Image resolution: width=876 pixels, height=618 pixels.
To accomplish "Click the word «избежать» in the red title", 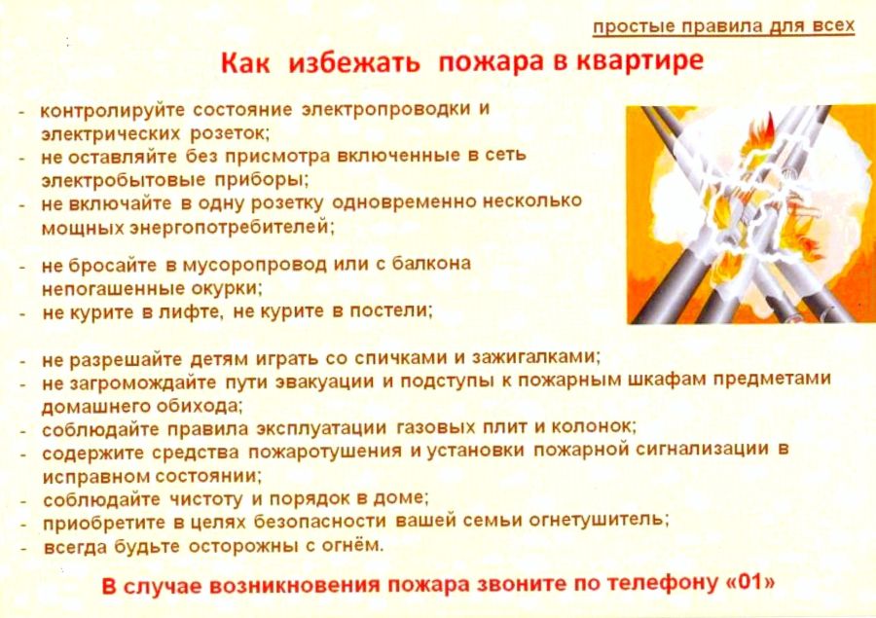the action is click(353, 62).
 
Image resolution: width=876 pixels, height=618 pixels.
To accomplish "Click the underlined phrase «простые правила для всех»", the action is click(723, 27).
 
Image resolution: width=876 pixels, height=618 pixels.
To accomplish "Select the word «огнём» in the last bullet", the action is click(352, 545).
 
